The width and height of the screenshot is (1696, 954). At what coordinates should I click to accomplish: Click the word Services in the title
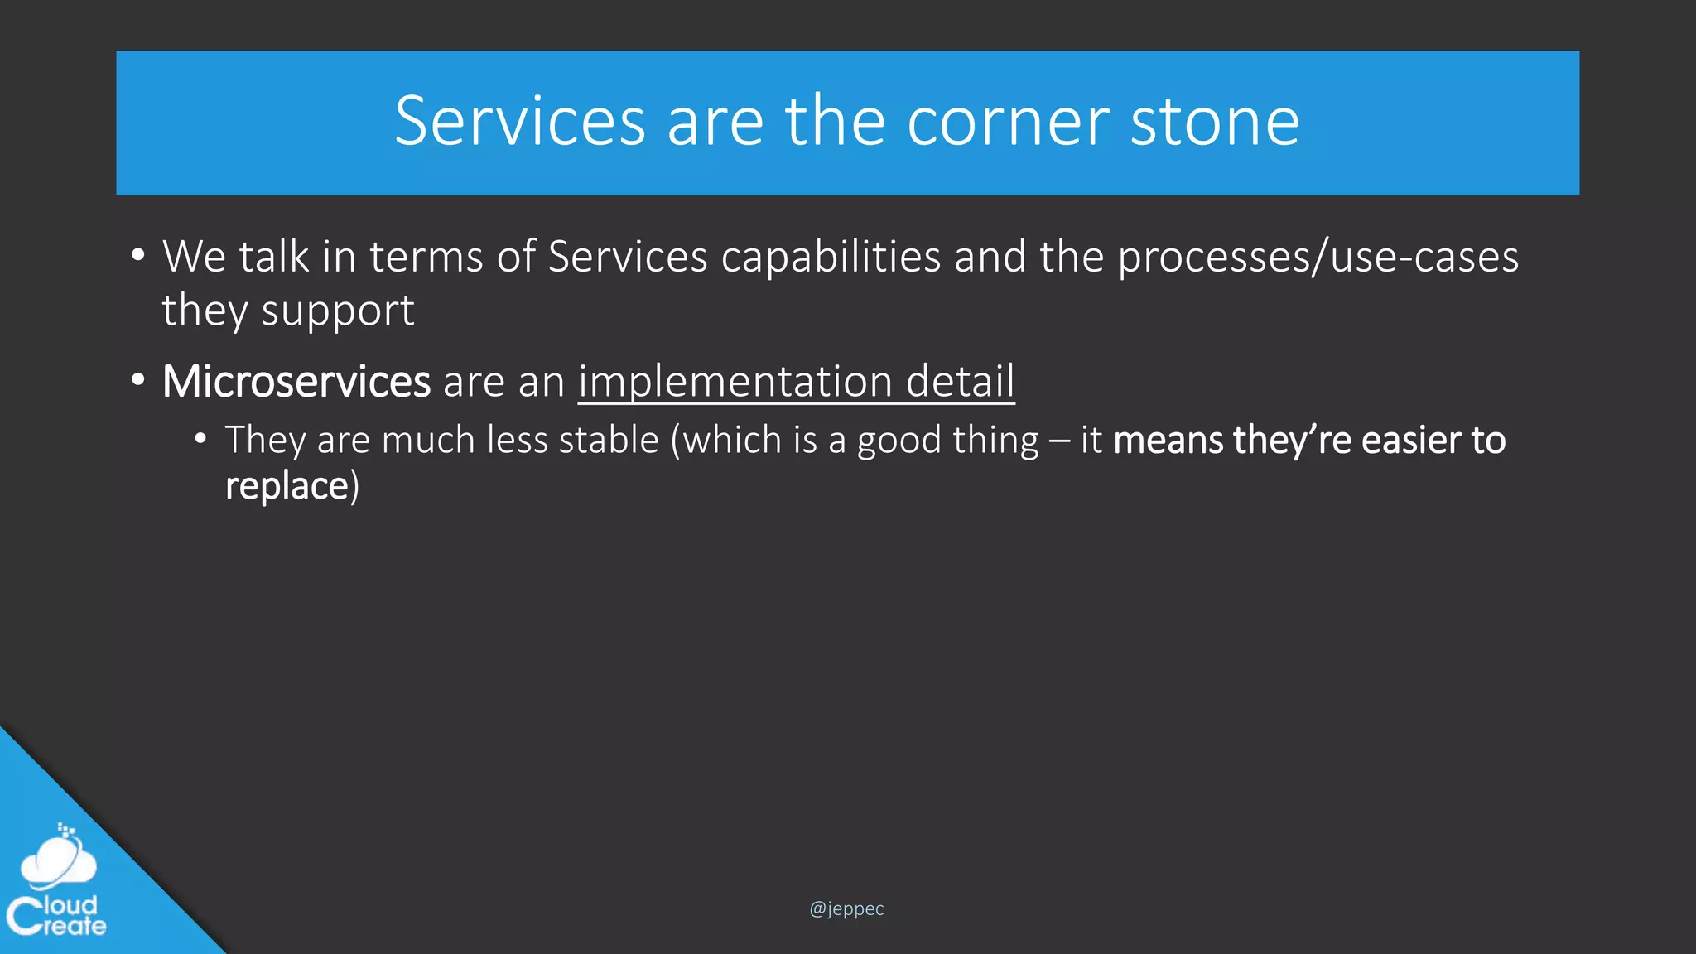519,121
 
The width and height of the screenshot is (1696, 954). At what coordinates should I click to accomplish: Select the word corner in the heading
1007,121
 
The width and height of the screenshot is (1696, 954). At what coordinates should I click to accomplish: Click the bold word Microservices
296,381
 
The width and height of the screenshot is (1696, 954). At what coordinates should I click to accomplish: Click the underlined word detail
960,381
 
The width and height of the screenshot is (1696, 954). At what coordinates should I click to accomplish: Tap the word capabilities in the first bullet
831,256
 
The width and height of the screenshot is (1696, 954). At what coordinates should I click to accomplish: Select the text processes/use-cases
1318,256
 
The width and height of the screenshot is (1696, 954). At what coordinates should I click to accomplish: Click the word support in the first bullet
337,311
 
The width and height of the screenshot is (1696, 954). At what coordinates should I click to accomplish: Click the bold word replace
287,486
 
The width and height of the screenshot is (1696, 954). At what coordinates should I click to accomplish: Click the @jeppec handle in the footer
846,908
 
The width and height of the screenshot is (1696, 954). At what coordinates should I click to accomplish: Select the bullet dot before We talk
138,256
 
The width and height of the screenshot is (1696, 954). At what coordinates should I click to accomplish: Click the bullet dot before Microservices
138,381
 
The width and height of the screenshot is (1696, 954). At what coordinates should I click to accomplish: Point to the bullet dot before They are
200,439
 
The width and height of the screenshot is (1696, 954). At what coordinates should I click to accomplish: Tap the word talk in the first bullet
274,256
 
